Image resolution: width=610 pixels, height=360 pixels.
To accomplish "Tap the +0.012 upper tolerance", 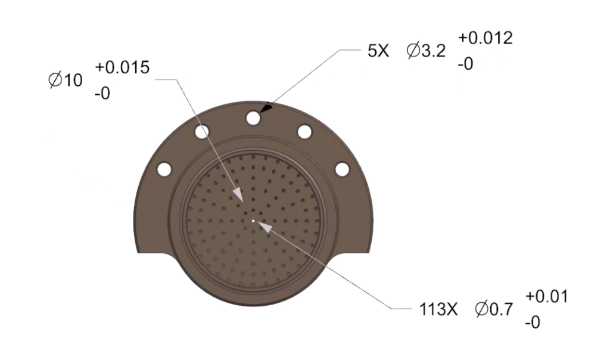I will pyautogui.click(x=485, y=38).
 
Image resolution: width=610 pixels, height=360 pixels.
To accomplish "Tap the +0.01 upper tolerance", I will pyautogui.click(x=546, y=296).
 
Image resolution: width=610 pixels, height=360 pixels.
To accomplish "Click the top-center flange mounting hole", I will pyautogui.click(x=254, y=119).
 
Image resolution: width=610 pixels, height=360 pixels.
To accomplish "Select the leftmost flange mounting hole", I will pyautogui.click(x=164, y=169).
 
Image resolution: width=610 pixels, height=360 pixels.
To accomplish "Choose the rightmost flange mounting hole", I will pyautogui.click(x=342, y=169).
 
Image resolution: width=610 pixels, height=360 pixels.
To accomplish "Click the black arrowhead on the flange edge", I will pyautogui.click(x=267, y=108).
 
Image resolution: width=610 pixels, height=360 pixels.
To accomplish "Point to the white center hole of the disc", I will pyautogui.click(x=253, y=221).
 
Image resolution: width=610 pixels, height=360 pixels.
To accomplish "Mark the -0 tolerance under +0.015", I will pyautogui.click(x=102, y=94).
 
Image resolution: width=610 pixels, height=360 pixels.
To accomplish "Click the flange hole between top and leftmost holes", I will pyautogui.click(x=203, y=131).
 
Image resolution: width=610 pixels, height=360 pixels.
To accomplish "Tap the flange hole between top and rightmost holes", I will pyautogui.click(x=304, y=131).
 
